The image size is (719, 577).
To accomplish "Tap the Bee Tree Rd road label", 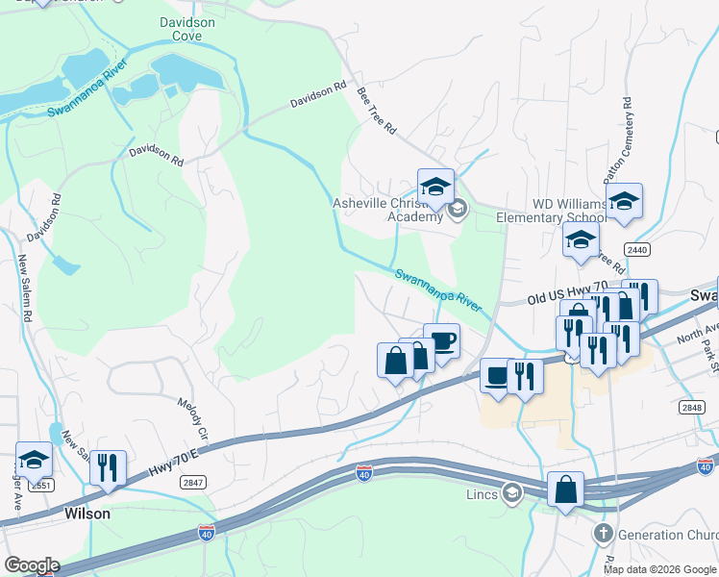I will pyautogui.click(x=376, y=110).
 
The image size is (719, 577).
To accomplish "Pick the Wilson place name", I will pyautogui.click(x=87, y=514).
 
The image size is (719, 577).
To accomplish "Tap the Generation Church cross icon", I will pyautogui.click(x=603, y=534).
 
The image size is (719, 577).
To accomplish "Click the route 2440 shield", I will pyautogui.click(x=636, y=250).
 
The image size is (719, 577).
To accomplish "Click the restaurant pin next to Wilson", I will pyautogui.click(x=108, y=468).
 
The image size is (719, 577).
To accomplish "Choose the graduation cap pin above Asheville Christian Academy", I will pyautogui.click(x=435, y=187).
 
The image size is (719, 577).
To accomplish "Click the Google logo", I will pyautogui.click(x=31, y=565).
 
